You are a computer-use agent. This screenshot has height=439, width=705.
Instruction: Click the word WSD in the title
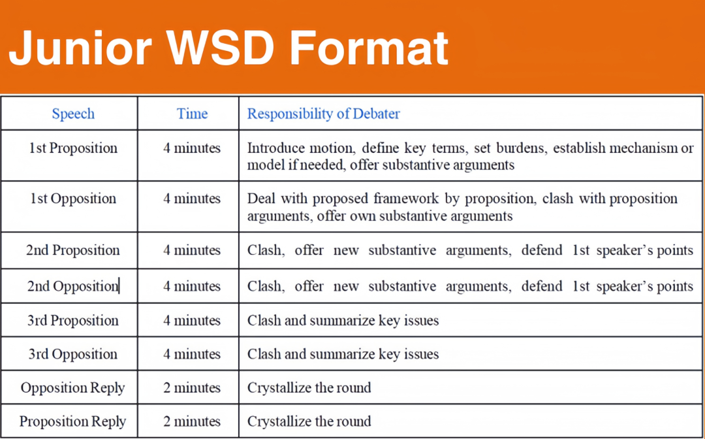tap(221, 48)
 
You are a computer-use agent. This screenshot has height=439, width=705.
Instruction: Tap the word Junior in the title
tap(80, 48)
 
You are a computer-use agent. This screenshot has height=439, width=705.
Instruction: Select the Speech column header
tap(73, 114)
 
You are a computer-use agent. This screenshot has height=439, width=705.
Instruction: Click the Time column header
tap(192, 114)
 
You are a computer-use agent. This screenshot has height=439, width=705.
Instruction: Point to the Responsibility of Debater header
tap(323, 114)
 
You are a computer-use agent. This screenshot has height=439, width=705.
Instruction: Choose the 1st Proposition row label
tap(73, 148)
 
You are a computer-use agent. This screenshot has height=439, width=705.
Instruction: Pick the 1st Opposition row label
tap(73, 199)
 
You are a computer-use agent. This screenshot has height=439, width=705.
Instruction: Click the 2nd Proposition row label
tap(73, 250)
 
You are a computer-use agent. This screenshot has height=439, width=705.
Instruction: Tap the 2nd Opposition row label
tap(73, 286)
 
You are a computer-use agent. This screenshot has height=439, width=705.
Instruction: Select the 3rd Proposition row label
tap(73, 320)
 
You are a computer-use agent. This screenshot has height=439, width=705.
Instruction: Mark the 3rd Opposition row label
tap(73, 354)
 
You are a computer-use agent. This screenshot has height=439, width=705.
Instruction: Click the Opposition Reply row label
tap(73, 388)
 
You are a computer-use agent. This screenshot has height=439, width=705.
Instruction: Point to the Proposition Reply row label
tap(73, 421)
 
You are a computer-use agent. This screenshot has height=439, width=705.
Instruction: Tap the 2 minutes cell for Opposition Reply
tap(192, 388)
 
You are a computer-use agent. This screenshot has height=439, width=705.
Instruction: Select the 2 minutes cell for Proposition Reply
tap(192, 421)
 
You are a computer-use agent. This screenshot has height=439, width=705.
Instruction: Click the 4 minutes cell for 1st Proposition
tap(192, 148)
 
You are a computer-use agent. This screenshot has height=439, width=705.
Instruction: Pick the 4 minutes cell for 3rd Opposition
tap(192, 354)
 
